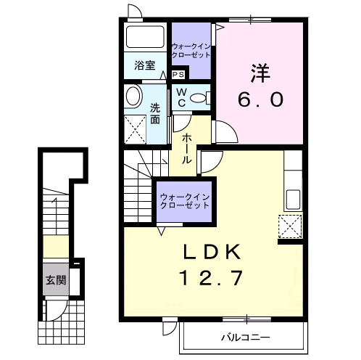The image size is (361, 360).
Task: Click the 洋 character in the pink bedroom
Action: click(261, 74)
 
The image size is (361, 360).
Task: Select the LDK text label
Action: click(211, 253)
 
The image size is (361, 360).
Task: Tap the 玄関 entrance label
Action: click(54, 281)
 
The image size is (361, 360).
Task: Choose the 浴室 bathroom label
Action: click(145, 65)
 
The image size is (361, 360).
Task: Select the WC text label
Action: click(181, 97)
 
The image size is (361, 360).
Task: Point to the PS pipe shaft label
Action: click(179, 74)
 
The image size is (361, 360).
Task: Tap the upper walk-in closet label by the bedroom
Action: click(191, 51)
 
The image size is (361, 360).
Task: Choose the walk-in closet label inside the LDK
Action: click(185, 200)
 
